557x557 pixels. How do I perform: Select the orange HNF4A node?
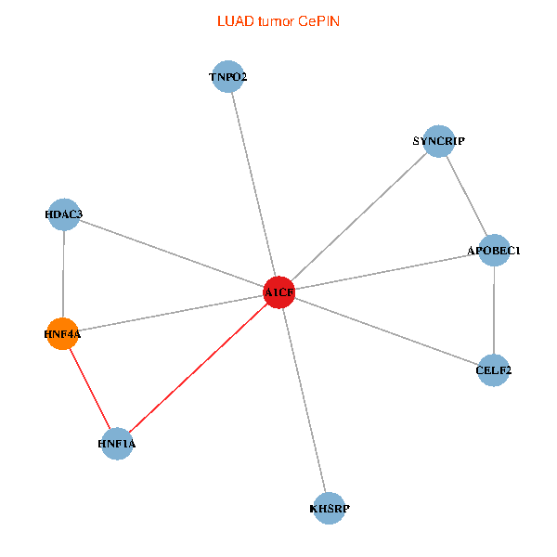pos(62,334)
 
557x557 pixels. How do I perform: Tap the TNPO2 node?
pos(227,77)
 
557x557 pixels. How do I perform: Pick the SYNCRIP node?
pos(438,141)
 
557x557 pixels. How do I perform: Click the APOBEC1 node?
pos(494,250)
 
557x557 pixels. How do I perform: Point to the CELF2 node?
pos(494,370)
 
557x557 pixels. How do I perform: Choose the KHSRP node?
pos(330,508)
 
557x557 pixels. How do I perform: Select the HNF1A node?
pos(117,444)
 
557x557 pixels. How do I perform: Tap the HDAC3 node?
pos(63,214)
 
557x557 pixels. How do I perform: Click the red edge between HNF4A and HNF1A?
pos(89,389)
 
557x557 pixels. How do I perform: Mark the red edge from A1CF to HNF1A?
pos(198,368)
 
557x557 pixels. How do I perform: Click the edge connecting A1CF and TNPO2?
pos(253,184)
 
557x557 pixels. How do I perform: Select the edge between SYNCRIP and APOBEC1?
pos(466,195)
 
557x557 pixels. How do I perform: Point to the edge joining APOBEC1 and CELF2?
pos(494,310)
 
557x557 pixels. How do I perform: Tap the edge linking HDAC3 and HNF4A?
pos(63,274)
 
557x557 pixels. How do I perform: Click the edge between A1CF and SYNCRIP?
pos(358,216)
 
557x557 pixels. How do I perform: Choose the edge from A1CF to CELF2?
pos(386,330)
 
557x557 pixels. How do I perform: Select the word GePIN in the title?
pos(318,20)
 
